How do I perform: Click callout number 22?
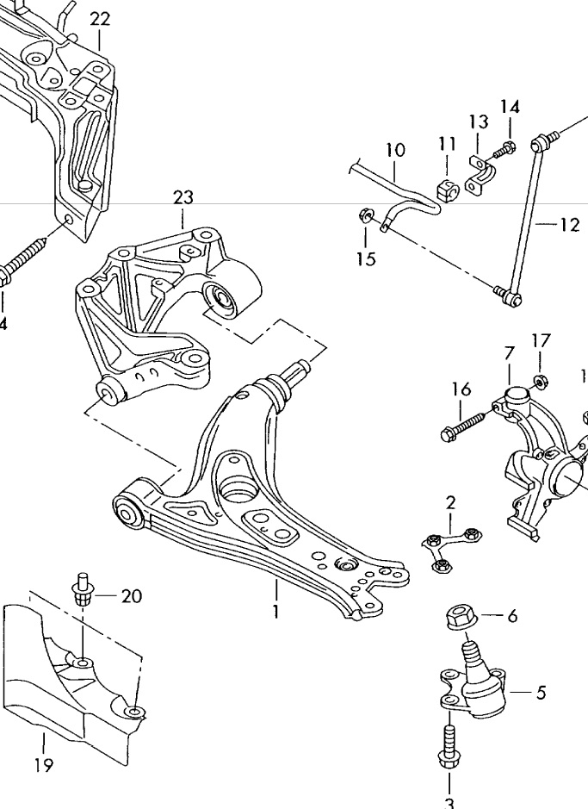tap(100, 18)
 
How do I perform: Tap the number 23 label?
tap(183, 197)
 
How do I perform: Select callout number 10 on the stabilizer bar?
tap(395, 150)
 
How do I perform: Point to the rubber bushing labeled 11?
tap(446, 190)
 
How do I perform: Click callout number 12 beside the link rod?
tap(570, 226)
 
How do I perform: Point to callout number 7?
tap(509, 352)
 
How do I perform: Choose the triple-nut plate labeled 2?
tap(449, 546)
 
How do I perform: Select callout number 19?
tap(44, 764)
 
